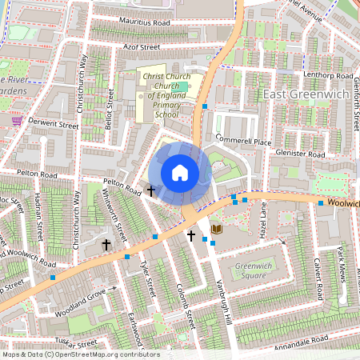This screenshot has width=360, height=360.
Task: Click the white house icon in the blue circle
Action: [180, 173]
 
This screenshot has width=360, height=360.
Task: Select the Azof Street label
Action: [138, 48]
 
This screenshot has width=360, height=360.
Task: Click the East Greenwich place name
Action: [308, 96]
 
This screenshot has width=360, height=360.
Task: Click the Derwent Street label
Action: [53, 125]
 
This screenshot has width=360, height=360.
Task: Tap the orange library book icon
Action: [217, 230]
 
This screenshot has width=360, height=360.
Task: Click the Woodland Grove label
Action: [81, 305]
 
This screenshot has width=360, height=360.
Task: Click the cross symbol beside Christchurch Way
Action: [106, 243]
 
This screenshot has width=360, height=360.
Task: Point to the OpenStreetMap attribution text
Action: [80, 354]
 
